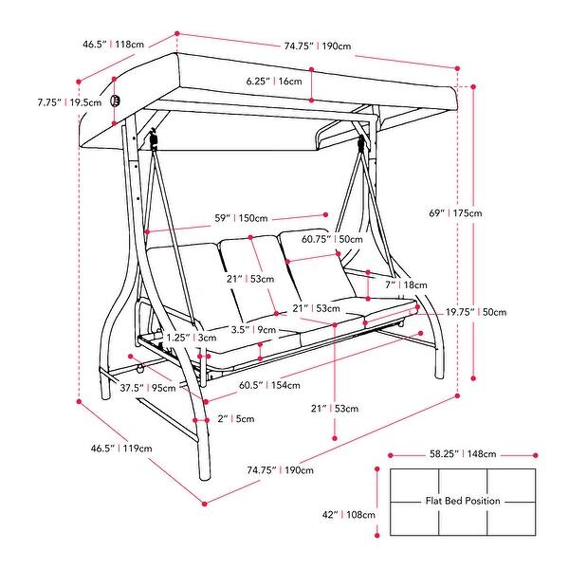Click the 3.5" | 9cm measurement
point(252,330)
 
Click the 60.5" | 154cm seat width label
point(269,385)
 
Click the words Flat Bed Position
point(463,500)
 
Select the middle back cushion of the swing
point(252,277)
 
